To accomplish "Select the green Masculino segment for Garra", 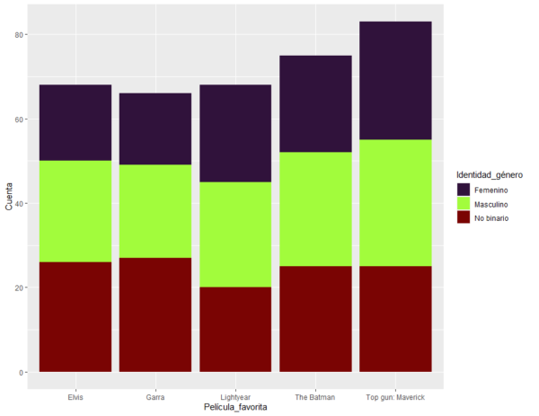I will pyautogui.click(x=155, y=211).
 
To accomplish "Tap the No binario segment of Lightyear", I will pyautogui.click(x=235, y=329).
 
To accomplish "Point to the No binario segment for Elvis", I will pyautogui.click(x=75, y=316).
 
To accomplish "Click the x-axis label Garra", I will pyautogui.click(x=155, y=396).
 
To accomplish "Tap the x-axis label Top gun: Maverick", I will pyautogui.click(x=395, y=396).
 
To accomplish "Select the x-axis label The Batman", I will pyautogui.click(x=315, y=396).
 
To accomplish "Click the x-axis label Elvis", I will pyautogui.click(x=75, y=396).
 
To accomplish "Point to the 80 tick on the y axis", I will pyautogui.click(x=20, y=34).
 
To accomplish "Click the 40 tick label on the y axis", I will pyautogui.click(x=20, y=203).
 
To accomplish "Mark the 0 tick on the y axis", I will pyautogui.click(x=22, y=372).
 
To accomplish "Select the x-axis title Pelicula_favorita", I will pyautogui.click(x=234, y=407).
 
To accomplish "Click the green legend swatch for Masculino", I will pyautogui.click(x=464, y=205).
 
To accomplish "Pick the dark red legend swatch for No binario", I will pyautogui.click(x=464, y=219).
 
